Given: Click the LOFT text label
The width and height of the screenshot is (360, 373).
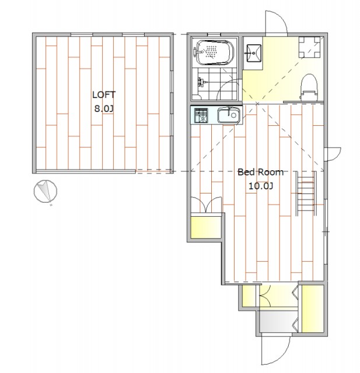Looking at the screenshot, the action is [x=104, y=95].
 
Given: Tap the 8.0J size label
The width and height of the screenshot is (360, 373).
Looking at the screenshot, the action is [x=104, y=109].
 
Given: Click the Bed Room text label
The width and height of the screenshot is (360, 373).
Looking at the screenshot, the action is [x=261, y=172].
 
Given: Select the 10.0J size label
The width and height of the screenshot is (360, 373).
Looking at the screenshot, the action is [x=261, y=186].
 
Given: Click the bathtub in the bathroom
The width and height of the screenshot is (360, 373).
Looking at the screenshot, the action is [x=214, y=52].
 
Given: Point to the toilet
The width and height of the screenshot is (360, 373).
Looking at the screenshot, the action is [x=309, y=87].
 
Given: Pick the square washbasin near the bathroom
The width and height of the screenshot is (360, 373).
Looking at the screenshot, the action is [x=254, y=53].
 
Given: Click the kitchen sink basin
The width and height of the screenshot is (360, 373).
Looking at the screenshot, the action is [x=228, y=115].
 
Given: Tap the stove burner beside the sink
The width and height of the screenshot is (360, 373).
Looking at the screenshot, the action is [x=201, y=115].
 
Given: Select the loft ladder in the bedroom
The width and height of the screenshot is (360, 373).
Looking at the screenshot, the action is [x=306, y=193].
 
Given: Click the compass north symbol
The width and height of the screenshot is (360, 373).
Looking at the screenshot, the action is [x=46, y=191].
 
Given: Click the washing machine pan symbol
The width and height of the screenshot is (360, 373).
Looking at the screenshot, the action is [x=309, y=47].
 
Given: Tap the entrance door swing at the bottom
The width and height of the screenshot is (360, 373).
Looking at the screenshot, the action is [x=276, y=350].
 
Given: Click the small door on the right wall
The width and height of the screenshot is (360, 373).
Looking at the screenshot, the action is [x=333, y=154].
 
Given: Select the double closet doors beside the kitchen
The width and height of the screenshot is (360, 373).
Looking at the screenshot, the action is [x=206, y=205].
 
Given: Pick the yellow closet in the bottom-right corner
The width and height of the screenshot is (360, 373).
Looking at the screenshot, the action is [x=313, y=308].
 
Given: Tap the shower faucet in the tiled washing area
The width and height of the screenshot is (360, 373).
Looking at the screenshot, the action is [x=201, y=82].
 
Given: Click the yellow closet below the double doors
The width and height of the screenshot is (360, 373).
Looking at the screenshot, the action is [x=206, y=227].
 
